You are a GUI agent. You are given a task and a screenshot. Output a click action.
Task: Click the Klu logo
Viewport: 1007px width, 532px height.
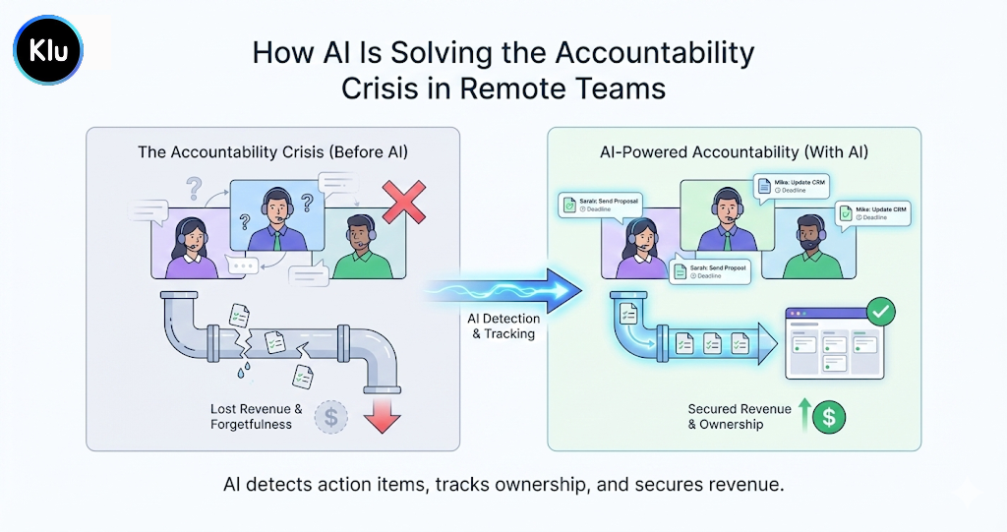[x=48, y=49]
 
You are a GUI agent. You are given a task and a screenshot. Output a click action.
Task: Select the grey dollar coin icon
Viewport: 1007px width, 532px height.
[x=330, y=417]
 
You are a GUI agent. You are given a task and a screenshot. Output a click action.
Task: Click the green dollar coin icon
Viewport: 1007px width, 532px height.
[x=829, y=416]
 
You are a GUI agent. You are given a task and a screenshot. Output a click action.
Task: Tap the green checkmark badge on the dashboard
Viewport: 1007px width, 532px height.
[x=881, y=314]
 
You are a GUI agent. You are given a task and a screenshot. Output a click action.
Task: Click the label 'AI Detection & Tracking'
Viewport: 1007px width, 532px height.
[x=503, y=326]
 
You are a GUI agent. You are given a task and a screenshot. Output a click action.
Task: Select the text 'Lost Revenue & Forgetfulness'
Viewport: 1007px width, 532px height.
[x=257, y=416]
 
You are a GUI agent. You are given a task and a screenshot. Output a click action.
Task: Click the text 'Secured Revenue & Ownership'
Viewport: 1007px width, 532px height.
[x=740, y=416]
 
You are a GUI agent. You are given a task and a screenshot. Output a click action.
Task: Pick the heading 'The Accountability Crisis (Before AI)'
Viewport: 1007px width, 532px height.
[x=272, y=152]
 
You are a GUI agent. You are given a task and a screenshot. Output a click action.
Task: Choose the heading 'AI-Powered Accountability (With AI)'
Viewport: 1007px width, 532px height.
[x=734, y=152]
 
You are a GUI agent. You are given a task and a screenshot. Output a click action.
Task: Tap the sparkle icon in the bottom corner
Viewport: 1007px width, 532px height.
[x=968, y=495]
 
